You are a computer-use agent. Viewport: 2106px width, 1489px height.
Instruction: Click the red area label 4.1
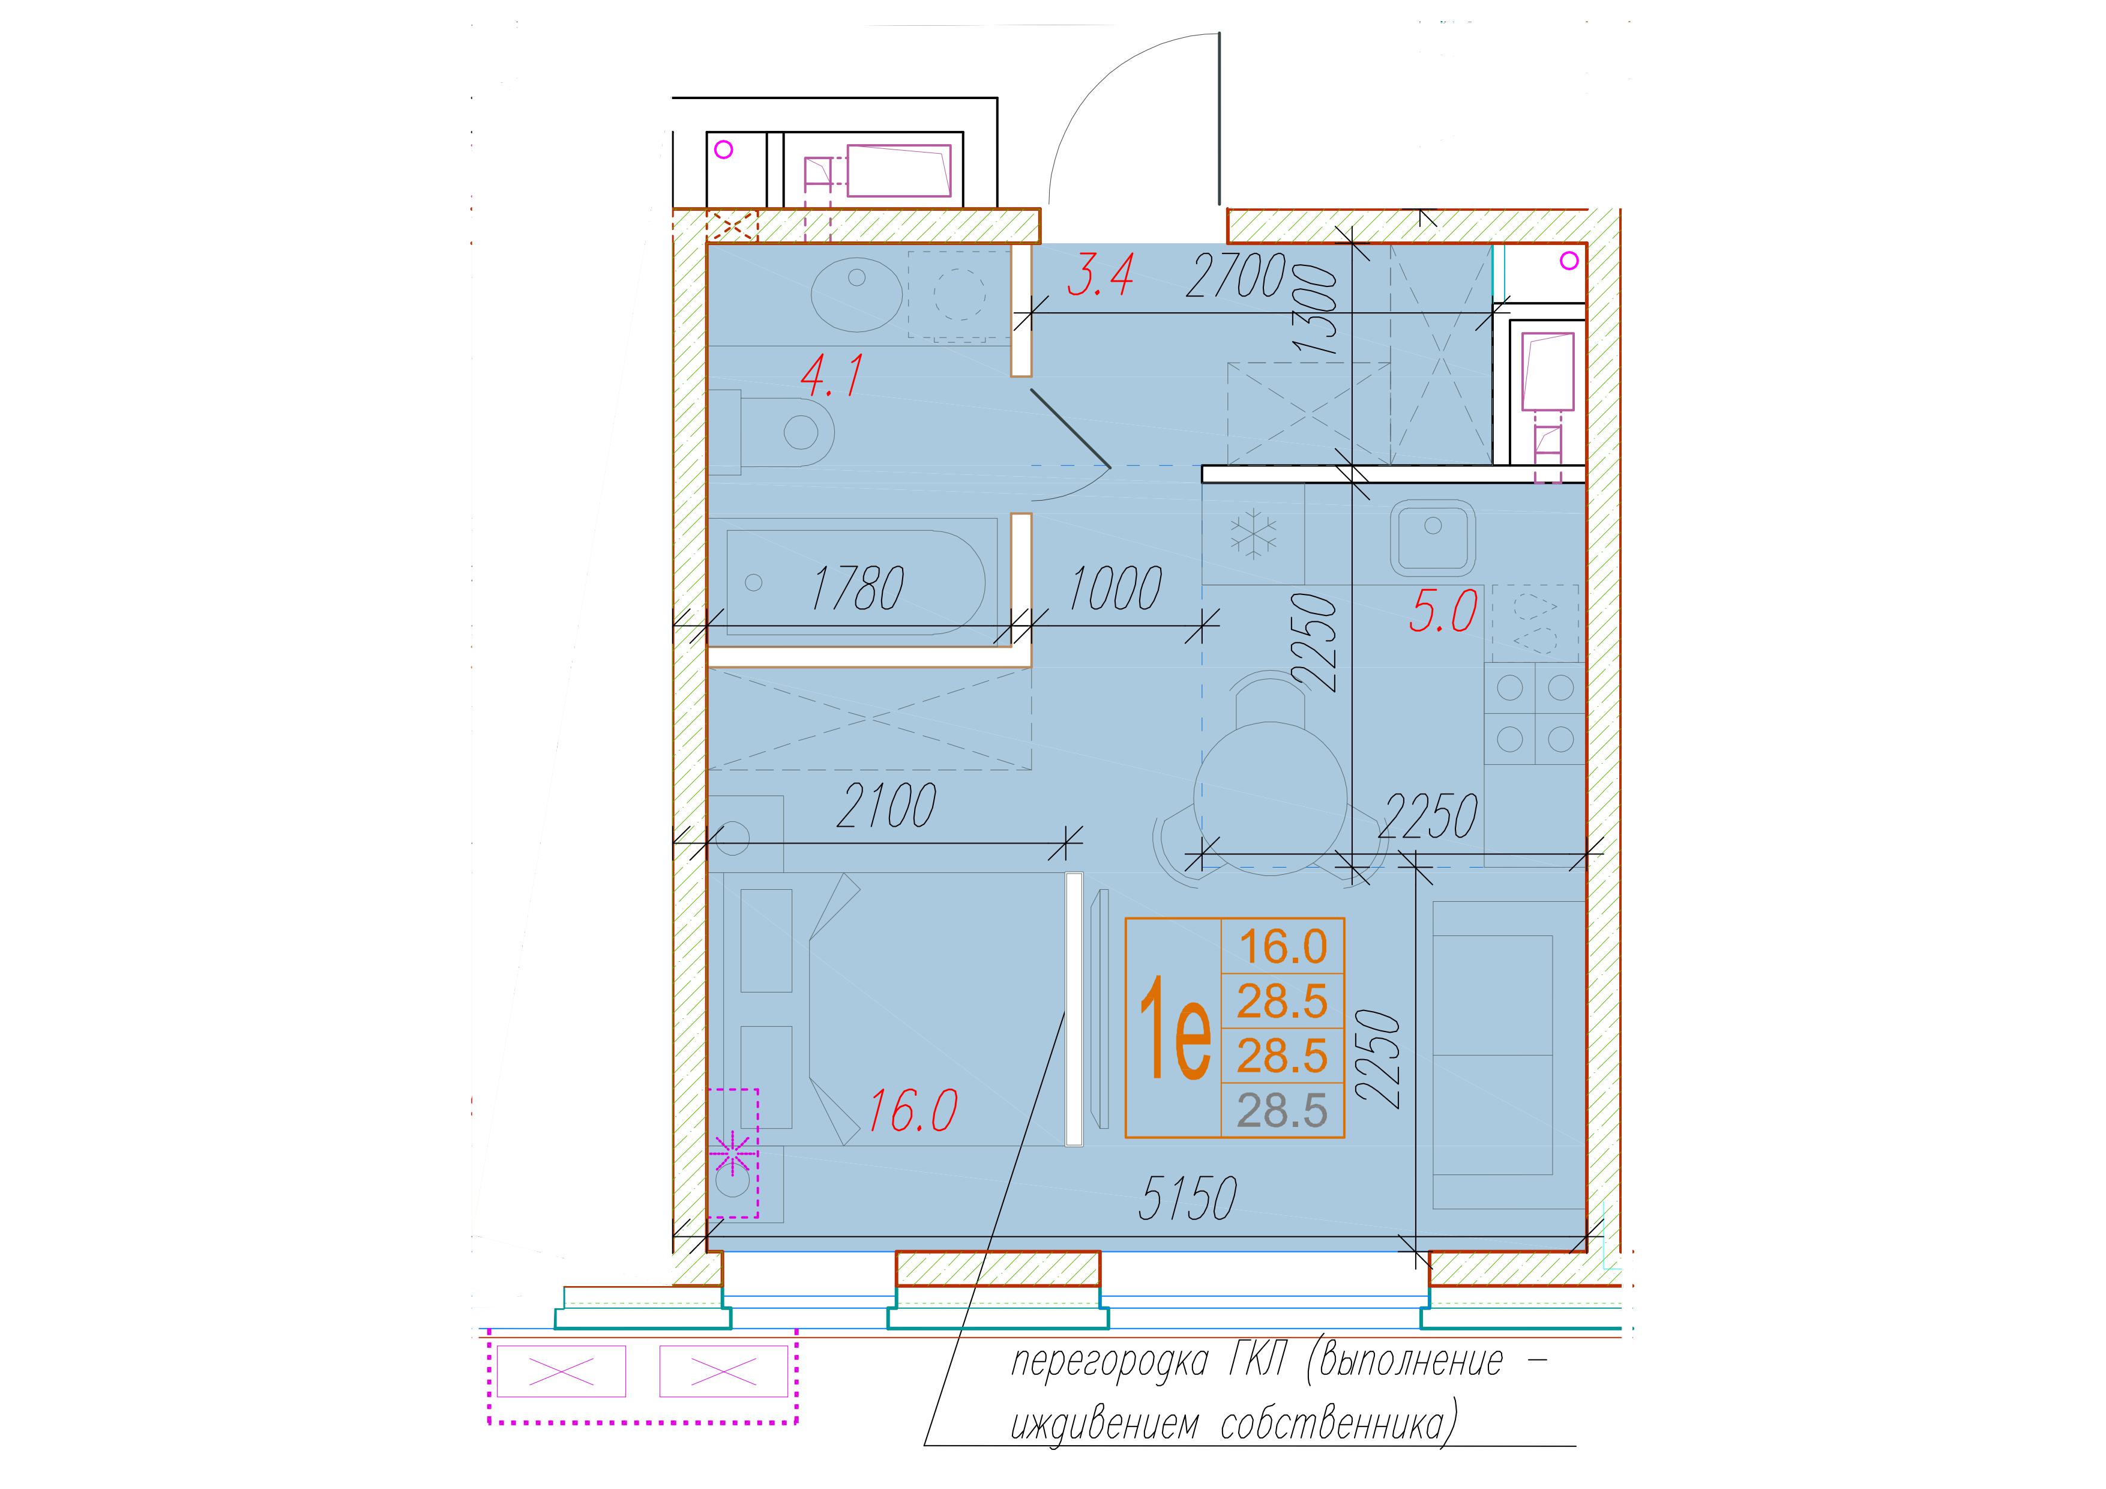[832, 376]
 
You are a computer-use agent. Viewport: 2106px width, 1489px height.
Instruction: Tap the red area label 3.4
[1101, 274]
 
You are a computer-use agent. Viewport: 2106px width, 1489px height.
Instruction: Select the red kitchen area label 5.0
[1443, 612]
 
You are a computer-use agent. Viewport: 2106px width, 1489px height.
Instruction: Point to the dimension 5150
[1188, 1198]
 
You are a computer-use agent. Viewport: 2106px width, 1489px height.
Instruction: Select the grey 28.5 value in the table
[1283, 1111]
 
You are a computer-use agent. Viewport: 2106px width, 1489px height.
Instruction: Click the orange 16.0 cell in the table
[1283, 946]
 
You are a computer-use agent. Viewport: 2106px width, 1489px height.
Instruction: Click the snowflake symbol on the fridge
[1253, 536]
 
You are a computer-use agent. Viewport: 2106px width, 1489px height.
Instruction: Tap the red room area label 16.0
[913, 1111]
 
